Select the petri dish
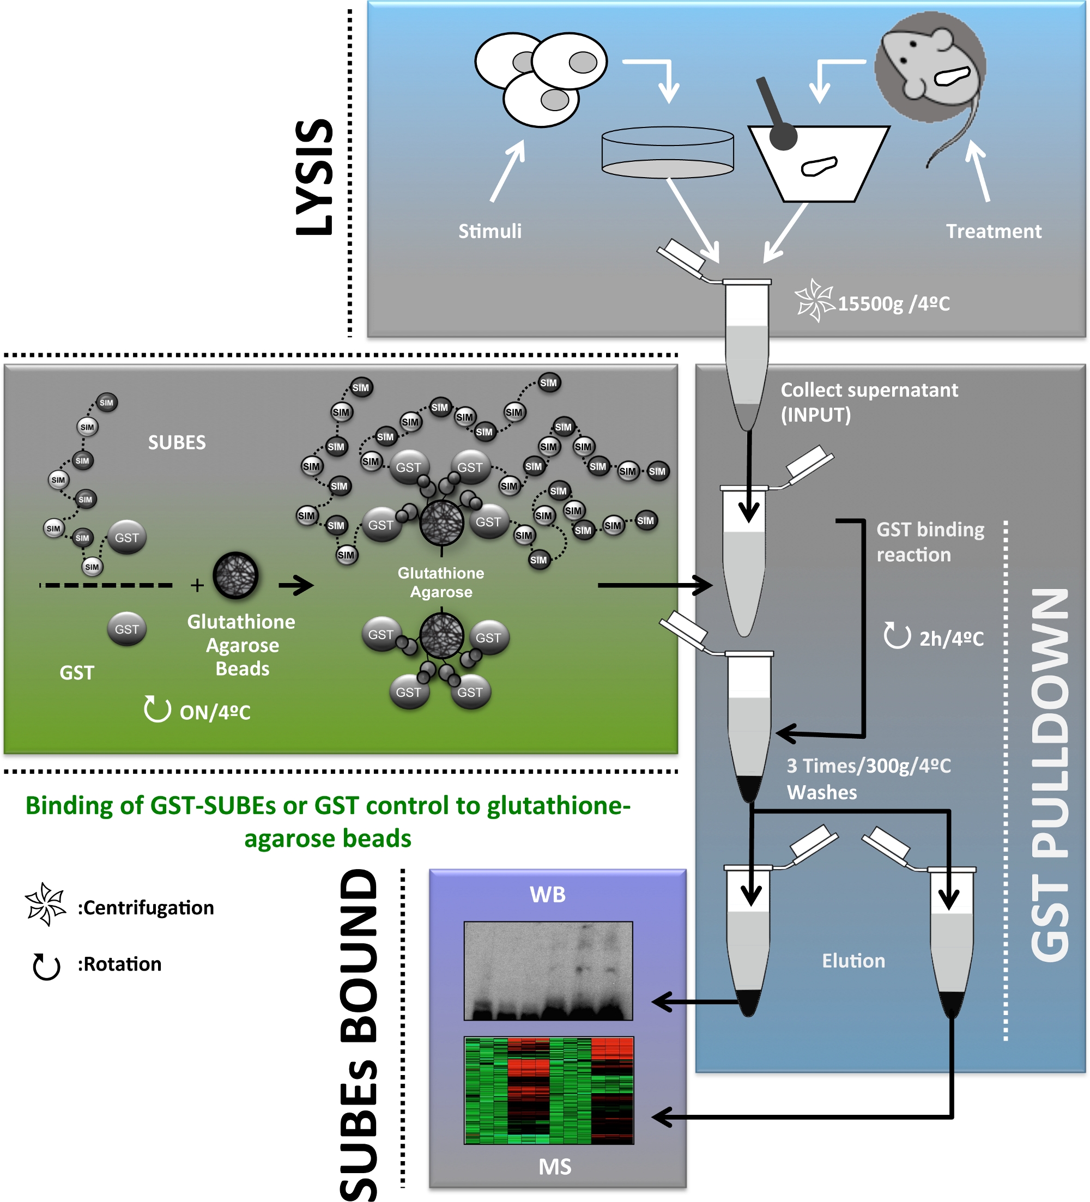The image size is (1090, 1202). (667, 153)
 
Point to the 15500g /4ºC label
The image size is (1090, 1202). (893, 304)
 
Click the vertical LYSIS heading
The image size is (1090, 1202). (315, 177)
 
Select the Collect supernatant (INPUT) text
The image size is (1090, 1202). (868, 402)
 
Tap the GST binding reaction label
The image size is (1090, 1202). (930, 542)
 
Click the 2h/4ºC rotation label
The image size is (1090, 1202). (950, 639)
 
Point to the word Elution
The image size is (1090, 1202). (853, 961)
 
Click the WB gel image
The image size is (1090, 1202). (548, 970)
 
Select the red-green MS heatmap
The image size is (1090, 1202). (549, 1090)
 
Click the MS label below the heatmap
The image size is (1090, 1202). (555, 1166)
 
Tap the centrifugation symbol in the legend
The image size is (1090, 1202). (45, 904)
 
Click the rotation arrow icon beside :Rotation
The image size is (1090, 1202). (46, 967)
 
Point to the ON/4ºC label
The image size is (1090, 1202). (215, 712)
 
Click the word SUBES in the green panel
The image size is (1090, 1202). (177, 442)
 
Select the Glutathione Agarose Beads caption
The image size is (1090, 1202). (241, 645)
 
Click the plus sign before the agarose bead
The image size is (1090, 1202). (197, 586)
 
